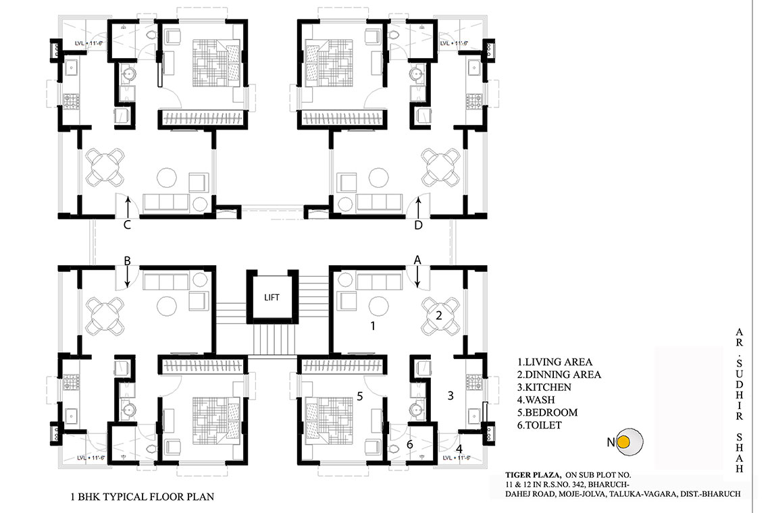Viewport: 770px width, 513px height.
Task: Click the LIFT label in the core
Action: tap(272, 298)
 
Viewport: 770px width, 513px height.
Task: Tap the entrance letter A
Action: tap(417, 260)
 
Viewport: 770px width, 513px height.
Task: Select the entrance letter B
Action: tap(127, 261)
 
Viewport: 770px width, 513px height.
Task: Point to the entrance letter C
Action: tap(127, 225)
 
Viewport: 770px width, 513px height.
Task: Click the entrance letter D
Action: tap(418, 225)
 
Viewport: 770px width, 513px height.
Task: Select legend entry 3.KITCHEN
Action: tap(544, 387)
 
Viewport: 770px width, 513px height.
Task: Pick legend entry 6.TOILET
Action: tap(539, 425)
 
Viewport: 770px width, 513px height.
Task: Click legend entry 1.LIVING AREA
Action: tap(555, 362)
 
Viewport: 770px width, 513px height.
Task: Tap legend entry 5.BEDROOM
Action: tap(547, 412)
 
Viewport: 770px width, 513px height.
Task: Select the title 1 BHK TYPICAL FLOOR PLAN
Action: tap(143, 497)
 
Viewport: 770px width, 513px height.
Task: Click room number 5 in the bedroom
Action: tap(360, 396)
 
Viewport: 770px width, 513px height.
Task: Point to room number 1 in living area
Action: tap(373, 325)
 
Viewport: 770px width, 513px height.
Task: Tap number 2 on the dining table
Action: tap(439, 316)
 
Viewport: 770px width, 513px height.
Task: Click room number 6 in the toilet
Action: tap(410, 445)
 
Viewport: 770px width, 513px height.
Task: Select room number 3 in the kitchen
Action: tap(451, 395)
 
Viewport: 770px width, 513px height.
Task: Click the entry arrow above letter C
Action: tap(128, 207)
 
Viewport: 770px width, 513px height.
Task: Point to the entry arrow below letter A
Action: tap(418, 277)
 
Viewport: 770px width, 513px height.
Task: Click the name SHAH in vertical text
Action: tap(739, 453)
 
